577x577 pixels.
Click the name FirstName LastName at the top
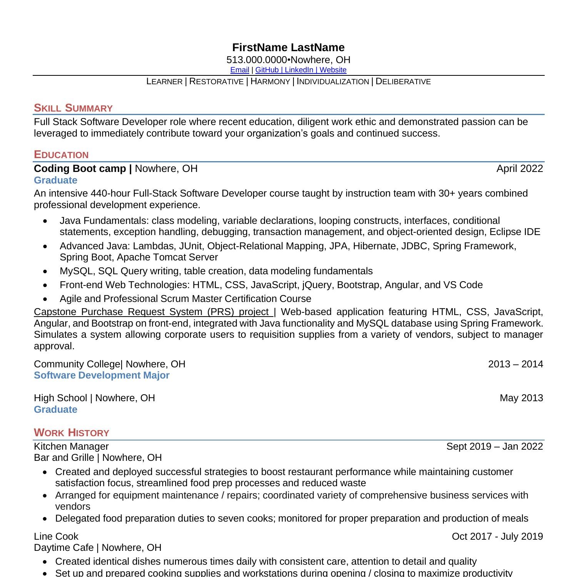288,47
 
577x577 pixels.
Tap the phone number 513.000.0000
257,60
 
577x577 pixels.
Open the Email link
240,70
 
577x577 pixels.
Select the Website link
333,70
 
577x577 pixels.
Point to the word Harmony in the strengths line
270,82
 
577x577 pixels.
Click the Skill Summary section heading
73,108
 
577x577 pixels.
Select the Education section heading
61,155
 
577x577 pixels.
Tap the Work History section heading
72,432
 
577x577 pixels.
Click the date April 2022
519,168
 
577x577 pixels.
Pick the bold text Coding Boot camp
80,168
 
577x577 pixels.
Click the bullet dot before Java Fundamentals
46,221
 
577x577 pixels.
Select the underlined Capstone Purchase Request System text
152,312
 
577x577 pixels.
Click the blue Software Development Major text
102,375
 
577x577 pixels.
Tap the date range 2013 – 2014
515,364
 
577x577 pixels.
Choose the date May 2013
521,398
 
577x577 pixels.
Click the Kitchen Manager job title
71,446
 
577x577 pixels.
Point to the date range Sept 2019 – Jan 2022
494,446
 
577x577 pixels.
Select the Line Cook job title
56,536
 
